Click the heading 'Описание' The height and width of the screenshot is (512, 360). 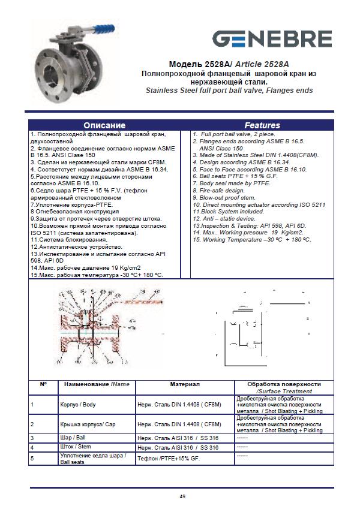[x=104, y=125]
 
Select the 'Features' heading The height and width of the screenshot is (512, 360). [x=262, y=125]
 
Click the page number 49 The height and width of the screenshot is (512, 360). [x=182, y=496]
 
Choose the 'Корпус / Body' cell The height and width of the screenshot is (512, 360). [x=80, y=405]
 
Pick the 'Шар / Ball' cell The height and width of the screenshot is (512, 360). [x=74, y=438]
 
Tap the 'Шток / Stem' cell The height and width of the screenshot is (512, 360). [x=77, y=447]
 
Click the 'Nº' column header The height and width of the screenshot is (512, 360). [x=43, y=384]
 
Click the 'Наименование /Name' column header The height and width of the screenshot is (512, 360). [x=95, y=384]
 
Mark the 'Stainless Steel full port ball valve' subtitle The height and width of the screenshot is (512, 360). [x=229, y=91]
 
